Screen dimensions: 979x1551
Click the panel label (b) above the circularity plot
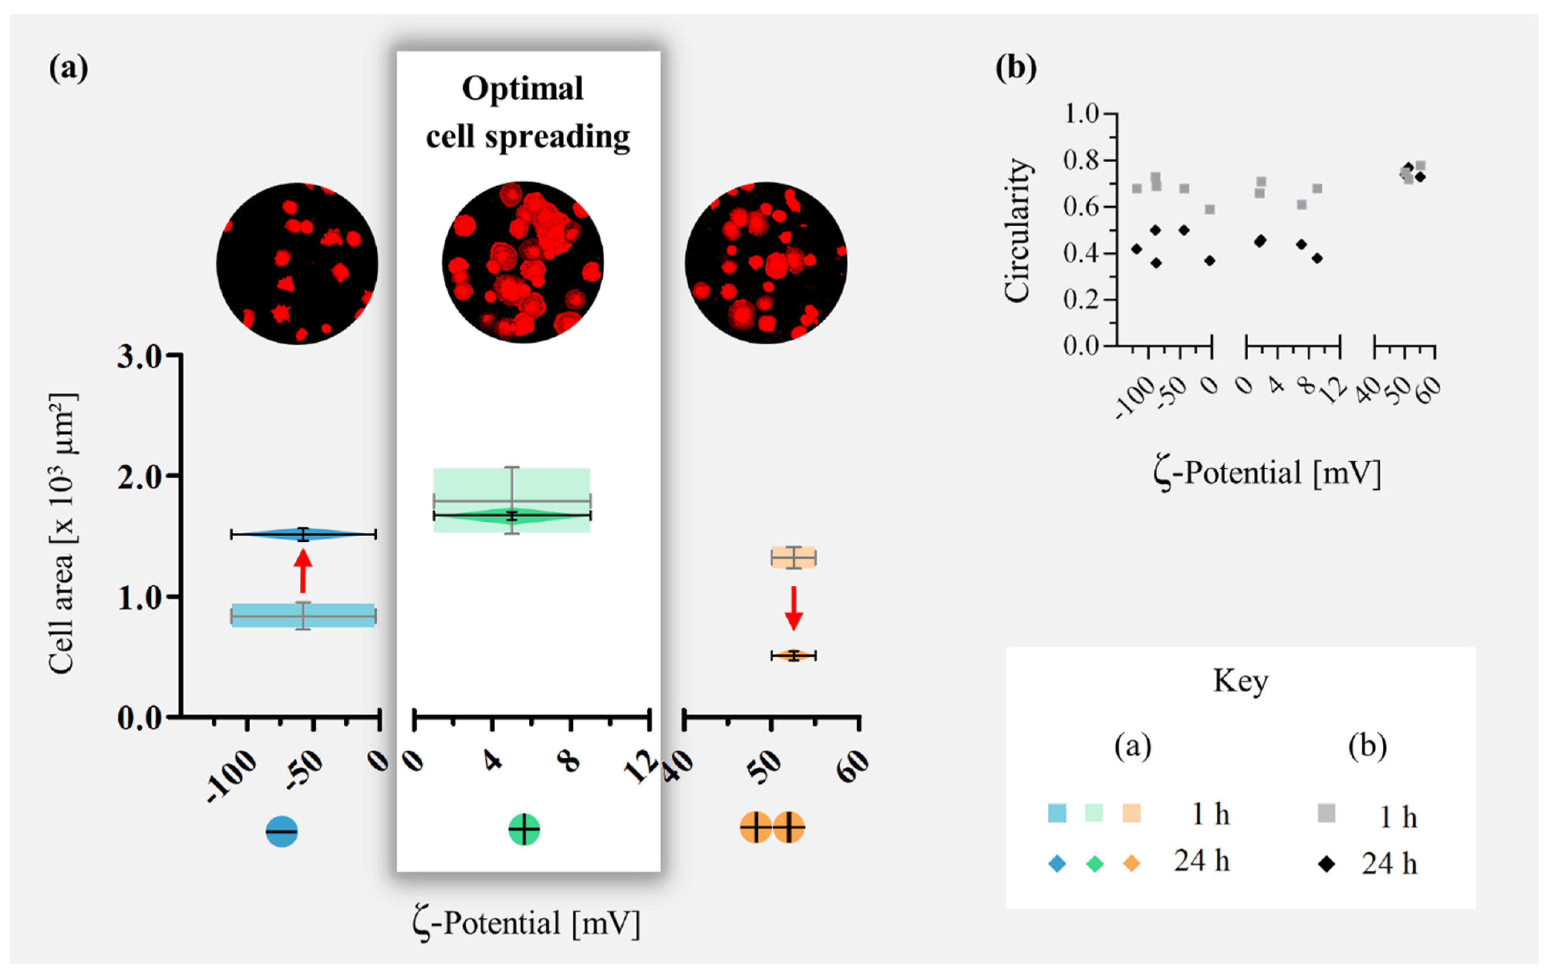click(1016, 67)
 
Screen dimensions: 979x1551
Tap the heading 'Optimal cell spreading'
click(526, 113)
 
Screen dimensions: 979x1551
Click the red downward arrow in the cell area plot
click(794, 607)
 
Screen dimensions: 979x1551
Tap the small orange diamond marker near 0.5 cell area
click(794, 655)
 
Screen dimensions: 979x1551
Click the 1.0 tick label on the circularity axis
click(1081, 114)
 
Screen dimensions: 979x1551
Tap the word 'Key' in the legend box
click(1241, 681)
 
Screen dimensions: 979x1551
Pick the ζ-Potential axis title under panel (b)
click(1266, 473)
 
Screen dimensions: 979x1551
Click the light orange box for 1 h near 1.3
click(794, 557)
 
